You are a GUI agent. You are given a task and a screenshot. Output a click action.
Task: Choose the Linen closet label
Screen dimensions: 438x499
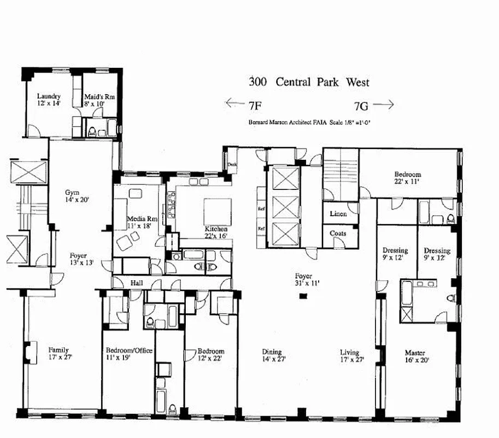[338, 214]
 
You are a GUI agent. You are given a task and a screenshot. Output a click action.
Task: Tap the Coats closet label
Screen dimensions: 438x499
[338, 233]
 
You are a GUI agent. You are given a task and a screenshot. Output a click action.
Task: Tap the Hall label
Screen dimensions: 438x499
[136, 283]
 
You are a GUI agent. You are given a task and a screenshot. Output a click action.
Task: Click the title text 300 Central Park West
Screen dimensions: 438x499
[309, 83]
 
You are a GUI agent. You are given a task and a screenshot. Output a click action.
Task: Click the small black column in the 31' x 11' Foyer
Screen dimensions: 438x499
[303, 296]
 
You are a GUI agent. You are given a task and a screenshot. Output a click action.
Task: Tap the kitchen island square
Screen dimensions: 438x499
[213, 209]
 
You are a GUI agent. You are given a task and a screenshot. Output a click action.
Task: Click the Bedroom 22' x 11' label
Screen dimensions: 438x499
[408, 178]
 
